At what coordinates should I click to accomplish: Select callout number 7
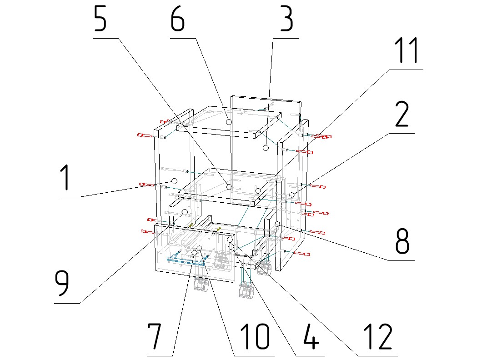click(x=155, y=336)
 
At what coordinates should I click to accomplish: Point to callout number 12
click(x=377, y=336)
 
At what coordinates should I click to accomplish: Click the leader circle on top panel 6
click(x=229, y=122)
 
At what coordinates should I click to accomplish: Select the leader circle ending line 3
click(x=266, y=148)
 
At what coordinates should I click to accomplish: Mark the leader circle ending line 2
click(x=291, y=195)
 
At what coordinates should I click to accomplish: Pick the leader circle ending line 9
click(x=185, y=212)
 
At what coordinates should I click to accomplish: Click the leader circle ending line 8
click(x=277, y=224)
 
